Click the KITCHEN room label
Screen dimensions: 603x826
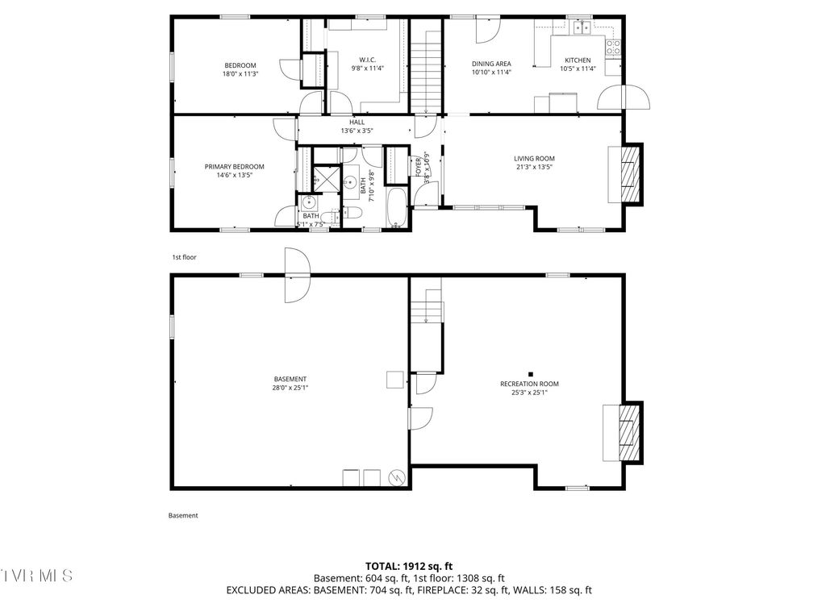coord(577,60)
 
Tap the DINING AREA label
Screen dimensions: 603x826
coord(491,64)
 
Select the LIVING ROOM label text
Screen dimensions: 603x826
coord(535,159)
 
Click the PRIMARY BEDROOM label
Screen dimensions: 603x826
coord(234,167)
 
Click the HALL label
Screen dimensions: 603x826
coord(357,122)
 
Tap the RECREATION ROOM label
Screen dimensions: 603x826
coord(529,384)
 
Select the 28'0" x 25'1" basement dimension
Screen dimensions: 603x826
coord(290,388)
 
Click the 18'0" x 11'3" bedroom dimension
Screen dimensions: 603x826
coord(240,74)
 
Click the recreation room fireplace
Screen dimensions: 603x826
coord(623,432)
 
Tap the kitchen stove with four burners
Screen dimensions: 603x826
coord(613,46)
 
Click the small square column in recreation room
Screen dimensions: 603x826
coord(531,373)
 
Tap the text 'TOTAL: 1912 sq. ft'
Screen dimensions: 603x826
coord(412,567)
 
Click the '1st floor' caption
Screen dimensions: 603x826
coord(184,257)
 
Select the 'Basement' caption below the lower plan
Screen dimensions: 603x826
coord(183,516)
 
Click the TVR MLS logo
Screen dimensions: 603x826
coord(36,576)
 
